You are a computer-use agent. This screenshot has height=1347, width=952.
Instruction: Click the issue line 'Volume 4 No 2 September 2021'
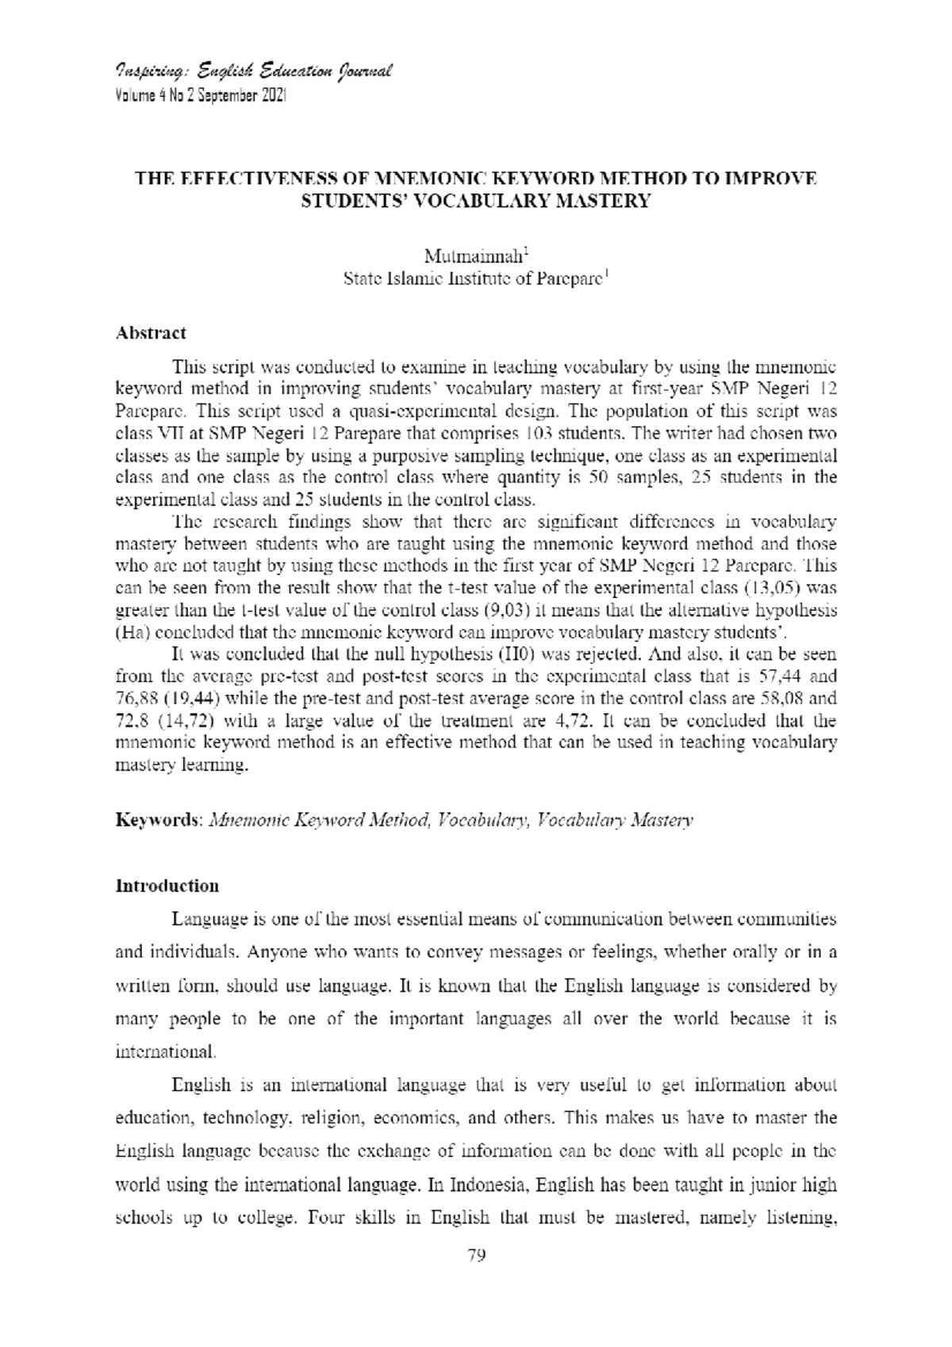pos(202,95)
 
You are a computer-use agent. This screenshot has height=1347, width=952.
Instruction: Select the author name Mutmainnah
pos(472,256)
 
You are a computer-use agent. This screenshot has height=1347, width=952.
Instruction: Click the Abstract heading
pos(151,332)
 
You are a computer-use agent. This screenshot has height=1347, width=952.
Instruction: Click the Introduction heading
pos(167,885)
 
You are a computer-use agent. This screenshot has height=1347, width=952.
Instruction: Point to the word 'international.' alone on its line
pos(165,1052)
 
